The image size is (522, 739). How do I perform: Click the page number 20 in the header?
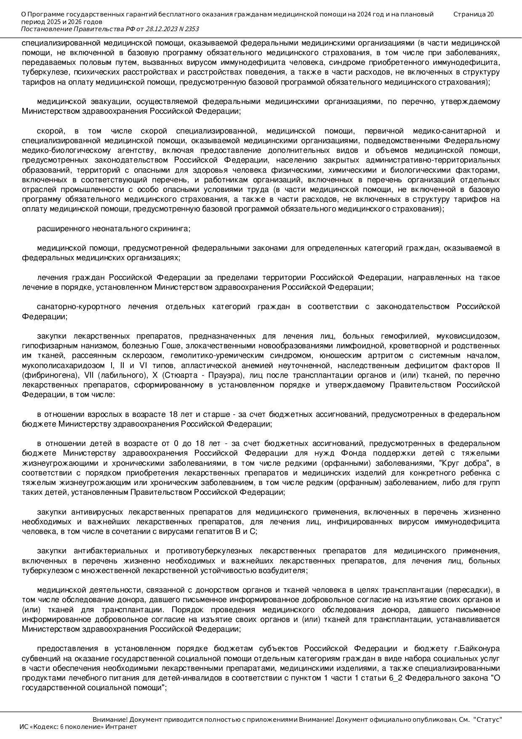[490, 14]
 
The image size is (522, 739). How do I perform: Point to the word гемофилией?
[405, 336]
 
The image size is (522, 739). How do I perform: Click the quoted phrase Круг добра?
[460, 463]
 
